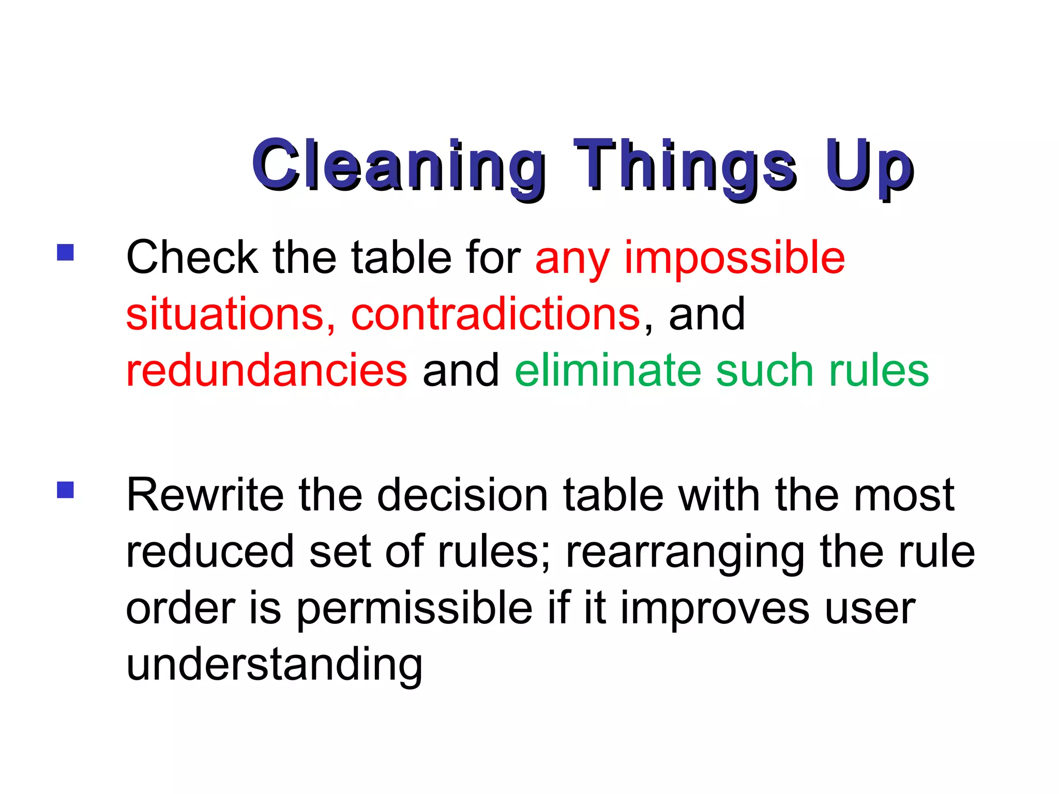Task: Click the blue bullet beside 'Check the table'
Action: tap(66, 253)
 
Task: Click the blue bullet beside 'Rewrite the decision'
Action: tap(66, 490)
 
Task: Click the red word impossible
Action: tap(734, 258)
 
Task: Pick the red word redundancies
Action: tap(267, 370)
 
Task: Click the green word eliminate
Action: tap(608, 370)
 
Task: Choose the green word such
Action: tap(765, 370)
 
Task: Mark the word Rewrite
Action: tap(205, 495)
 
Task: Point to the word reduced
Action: tap(210, 552)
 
